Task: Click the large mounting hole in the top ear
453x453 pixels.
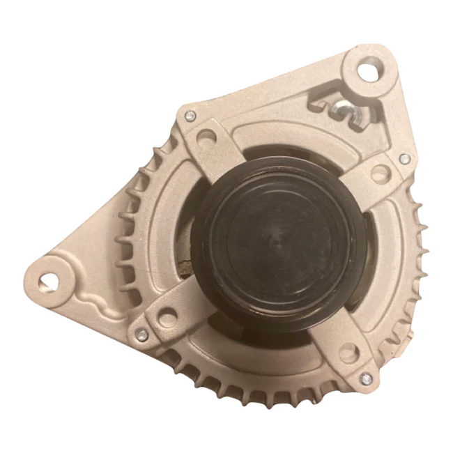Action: [x=368, y=70]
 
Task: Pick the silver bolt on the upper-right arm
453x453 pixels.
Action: [x=404, y=159]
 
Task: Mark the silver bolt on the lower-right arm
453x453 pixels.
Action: [x=366, y=378]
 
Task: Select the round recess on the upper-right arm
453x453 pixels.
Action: [x=381, y=171]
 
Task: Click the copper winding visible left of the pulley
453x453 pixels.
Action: [x=185, y=267]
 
